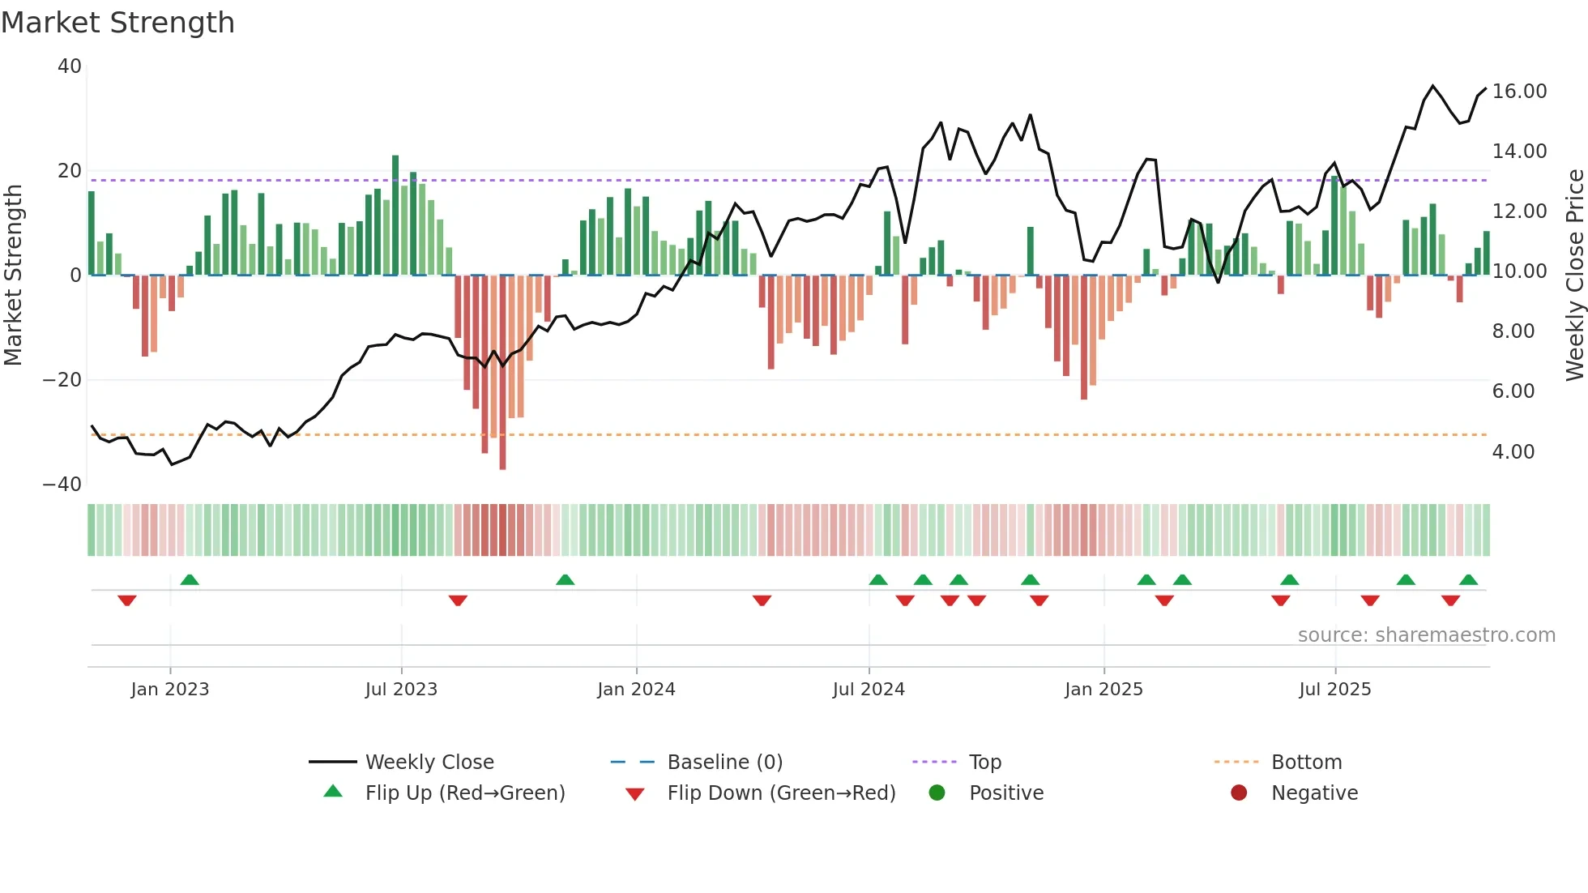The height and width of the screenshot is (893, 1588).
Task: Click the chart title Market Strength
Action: coord(117,23)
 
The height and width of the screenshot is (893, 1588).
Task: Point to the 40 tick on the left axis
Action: coord(70,66)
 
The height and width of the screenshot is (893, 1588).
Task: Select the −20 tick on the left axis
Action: coord(62,379)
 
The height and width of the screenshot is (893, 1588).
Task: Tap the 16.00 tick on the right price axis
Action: coord(1519,92)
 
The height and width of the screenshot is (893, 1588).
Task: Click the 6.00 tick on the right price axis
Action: coord(1513,391)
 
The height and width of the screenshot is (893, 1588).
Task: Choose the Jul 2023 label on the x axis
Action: coord(401,690)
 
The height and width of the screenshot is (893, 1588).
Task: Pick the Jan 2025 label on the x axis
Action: coord(1103,690)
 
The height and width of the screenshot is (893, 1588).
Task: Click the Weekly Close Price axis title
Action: coord(1574,276)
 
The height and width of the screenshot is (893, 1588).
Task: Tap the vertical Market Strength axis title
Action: coord(13,276)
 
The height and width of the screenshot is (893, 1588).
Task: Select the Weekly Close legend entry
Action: coord(429,763)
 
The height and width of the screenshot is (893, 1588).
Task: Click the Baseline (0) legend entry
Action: coord(724,763)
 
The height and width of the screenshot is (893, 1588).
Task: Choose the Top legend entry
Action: coord(984,763)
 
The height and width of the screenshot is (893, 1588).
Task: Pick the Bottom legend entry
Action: coord(1306,763)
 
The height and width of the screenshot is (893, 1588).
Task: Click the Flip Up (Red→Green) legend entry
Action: coord(464,793)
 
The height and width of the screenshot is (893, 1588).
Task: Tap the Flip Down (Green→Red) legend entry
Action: coord(781,793)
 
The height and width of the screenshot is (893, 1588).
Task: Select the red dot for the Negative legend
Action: coord(1239,793)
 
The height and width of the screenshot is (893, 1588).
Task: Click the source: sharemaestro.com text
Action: coord(1426,635)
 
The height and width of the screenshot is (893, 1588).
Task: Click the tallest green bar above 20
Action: coord(395,215)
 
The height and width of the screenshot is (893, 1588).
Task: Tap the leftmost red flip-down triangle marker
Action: coord(127,600)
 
